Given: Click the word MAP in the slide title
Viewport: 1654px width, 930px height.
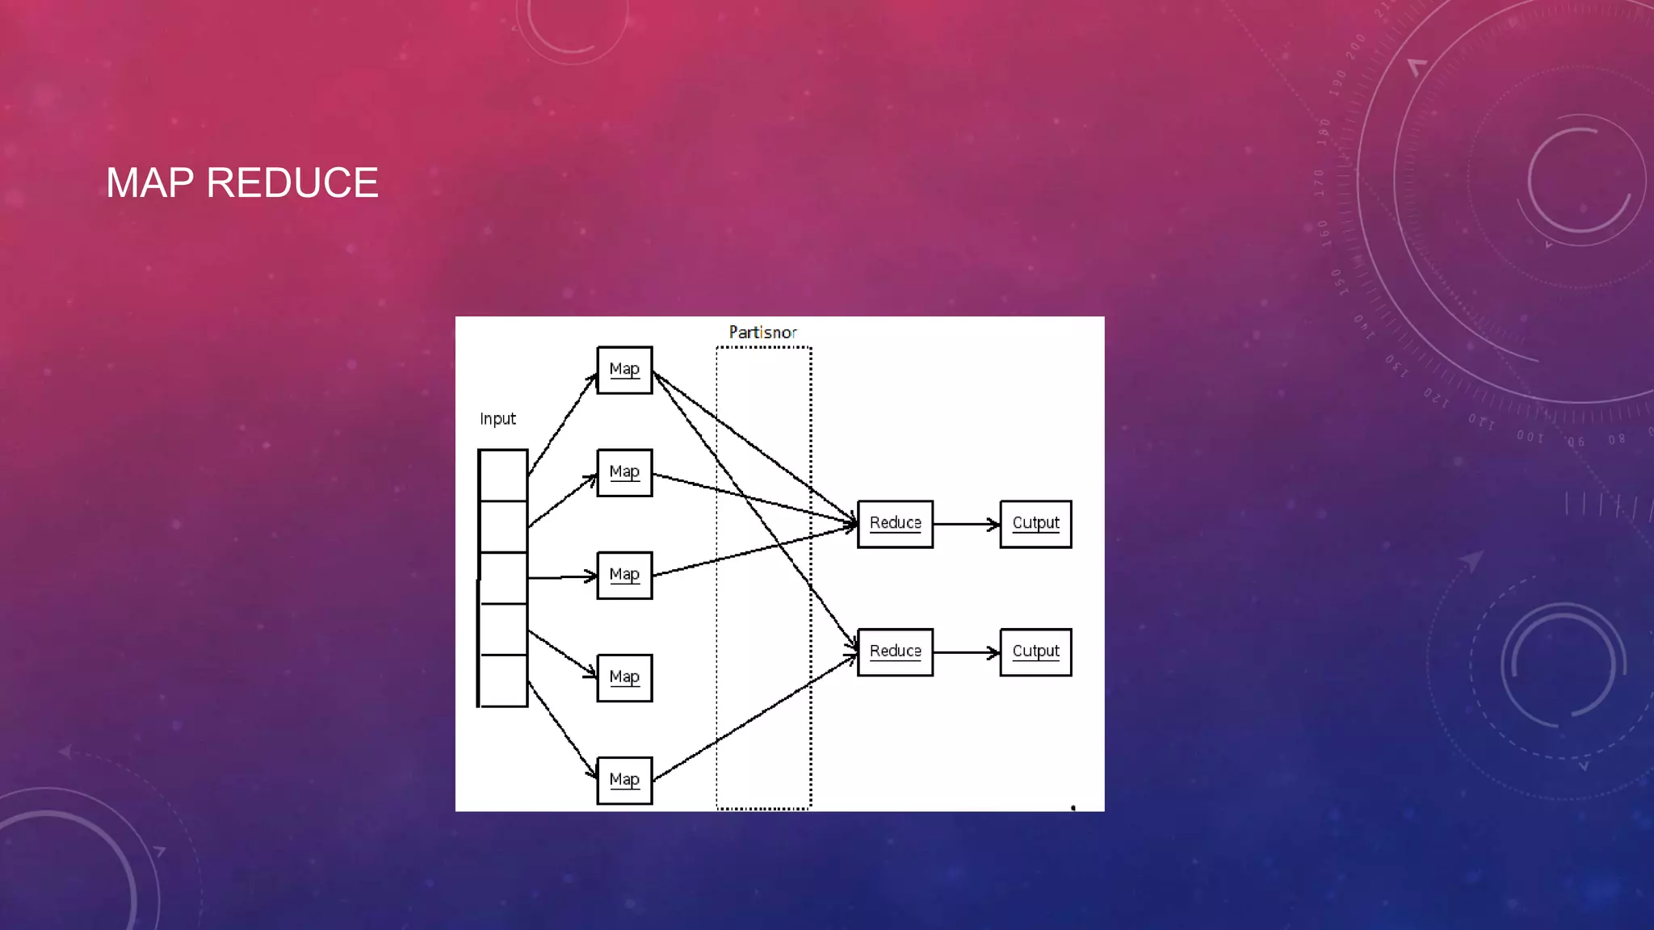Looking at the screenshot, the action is [149, 183].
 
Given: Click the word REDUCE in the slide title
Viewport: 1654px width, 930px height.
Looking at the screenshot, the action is [292, 183].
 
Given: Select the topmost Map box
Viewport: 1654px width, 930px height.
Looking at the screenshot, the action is [624, 370].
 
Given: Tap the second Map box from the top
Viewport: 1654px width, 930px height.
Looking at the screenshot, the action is [624, 472].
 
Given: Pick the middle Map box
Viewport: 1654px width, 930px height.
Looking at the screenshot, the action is [624, 575].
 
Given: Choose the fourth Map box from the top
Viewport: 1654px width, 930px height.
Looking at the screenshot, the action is [624, 677].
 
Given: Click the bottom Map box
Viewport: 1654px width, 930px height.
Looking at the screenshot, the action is [624, 780].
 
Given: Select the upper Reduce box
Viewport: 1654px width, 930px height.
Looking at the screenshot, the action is [895, 524].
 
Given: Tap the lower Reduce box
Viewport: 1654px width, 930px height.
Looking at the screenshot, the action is [895, 651].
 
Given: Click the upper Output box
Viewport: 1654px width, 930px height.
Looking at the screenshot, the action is [1035, 524].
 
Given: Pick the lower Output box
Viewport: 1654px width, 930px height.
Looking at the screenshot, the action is [1035, 651].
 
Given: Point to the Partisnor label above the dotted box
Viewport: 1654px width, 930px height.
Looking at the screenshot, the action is [762, 333].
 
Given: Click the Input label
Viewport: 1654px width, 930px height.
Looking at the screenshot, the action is [497, 419].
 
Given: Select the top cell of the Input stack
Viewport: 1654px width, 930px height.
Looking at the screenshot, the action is [503, 475].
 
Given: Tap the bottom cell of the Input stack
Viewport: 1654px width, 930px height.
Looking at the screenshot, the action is [503, 681].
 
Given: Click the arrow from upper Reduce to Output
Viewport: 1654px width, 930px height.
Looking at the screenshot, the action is [966, 525].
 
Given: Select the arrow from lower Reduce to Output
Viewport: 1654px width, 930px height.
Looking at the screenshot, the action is [966, 652].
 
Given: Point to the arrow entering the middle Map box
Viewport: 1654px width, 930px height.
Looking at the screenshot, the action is [561, 577].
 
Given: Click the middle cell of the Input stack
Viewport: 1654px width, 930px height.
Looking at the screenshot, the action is [503, 578].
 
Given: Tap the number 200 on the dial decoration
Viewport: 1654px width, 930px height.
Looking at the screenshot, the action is [1356, 45].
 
